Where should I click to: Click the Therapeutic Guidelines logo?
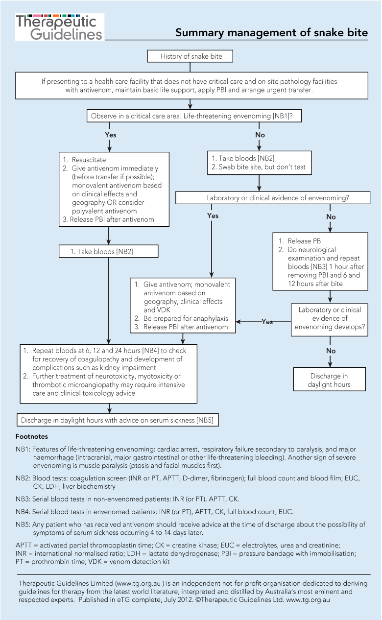coord(59,26)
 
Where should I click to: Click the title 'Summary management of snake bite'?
coord(271,33)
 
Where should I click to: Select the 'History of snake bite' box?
coord(191,56)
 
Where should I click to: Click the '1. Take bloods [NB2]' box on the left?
coord(108,251)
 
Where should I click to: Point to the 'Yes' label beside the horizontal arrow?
coord(267,322)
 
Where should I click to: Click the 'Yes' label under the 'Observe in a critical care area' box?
coord(111,135)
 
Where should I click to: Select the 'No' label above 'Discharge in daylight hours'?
coord(331,351)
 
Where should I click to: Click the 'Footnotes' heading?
coord(32,436)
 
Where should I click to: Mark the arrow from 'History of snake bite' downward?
coord(191,68)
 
